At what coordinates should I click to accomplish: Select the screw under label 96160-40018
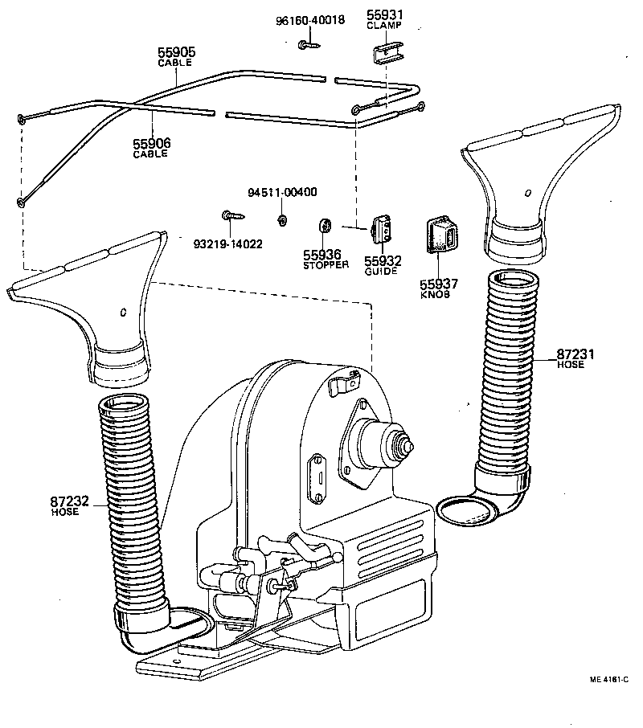click(307, 45)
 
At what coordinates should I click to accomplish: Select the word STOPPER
click(326, 265)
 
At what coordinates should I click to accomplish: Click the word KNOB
click(436, 294)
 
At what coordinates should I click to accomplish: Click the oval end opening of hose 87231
click(467, 510)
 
